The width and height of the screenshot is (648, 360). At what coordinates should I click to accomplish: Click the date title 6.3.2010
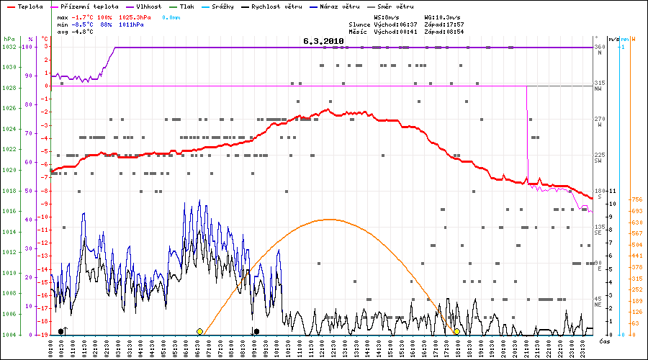coord(323,42)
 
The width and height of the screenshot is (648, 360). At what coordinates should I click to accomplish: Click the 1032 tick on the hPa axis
coord(9,47)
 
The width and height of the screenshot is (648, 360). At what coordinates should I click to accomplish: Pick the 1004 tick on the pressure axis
coord(9,335)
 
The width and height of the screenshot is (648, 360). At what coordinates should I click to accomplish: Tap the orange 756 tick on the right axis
coord(636,199)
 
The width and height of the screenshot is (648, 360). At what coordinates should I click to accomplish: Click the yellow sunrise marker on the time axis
coord(200,331)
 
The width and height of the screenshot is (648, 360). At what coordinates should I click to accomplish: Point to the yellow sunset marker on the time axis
coord(456,331)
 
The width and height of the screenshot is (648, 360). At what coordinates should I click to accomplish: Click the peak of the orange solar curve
coord(329,219)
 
